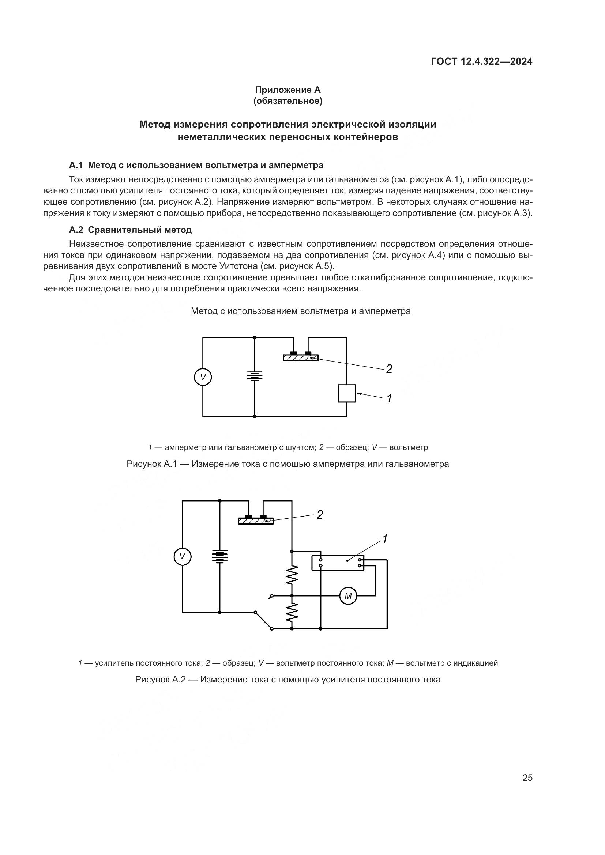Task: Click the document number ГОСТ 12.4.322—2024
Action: (481, 61)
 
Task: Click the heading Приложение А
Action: (288, 90)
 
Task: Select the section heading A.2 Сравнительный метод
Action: (130, 230)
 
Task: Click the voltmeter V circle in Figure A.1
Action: (203, 377)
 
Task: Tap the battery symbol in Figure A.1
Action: (255, 376)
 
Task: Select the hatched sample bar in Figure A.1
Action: (301, 358)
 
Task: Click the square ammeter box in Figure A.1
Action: (347, 393)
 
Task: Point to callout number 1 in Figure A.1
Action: (389, 398)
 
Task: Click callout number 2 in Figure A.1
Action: (389, 369)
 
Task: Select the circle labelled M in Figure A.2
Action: (348, 596)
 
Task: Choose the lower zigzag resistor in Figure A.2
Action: (292, 612)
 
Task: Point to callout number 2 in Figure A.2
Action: (320, 515)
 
